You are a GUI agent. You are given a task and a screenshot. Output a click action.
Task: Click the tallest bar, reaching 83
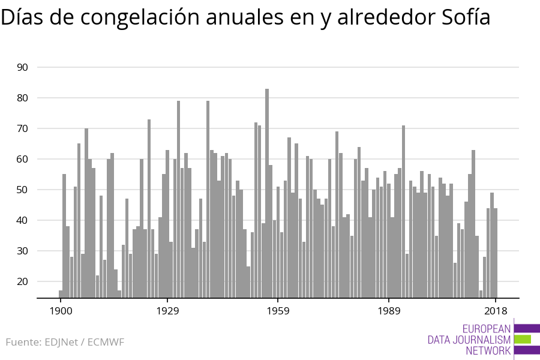(267, 192)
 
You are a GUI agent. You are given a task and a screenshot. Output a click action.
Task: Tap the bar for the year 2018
(496, 252)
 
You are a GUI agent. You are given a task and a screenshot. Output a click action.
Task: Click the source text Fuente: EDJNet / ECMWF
(65, 343)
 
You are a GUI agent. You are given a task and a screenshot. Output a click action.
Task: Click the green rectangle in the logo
(523, 340)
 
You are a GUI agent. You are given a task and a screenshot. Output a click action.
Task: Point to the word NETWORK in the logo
(488, 351)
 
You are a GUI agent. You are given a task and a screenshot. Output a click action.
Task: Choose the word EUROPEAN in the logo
(487, 329)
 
